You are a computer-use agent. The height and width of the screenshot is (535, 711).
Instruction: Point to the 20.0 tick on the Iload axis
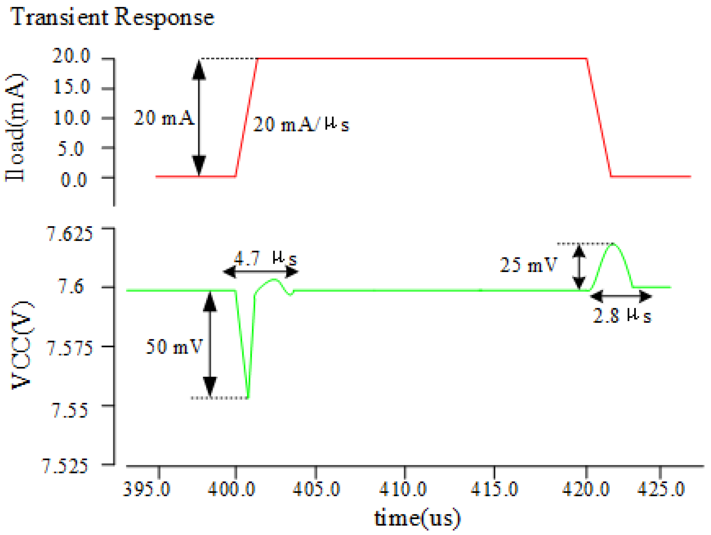[71, 56]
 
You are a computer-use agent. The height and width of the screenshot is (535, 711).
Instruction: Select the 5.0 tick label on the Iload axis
[71, 149]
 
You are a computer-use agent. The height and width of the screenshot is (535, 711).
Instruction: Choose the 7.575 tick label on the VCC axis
[70, 348]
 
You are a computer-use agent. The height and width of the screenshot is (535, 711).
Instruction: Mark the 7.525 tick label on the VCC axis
[65, 466]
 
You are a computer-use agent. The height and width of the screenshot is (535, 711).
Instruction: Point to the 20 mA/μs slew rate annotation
[300, 124]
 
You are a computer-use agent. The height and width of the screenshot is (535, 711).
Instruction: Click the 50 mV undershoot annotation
[174, 347]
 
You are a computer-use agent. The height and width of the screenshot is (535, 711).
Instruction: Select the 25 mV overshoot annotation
[528, 265]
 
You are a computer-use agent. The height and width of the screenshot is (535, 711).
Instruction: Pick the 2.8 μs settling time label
[622, 316]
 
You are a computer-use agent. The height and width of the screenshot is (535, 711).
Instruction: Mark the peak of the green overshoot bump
[613, 244]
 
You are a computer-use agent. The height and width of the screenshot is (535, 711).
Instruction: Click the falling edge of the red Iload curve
[599, 118]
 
